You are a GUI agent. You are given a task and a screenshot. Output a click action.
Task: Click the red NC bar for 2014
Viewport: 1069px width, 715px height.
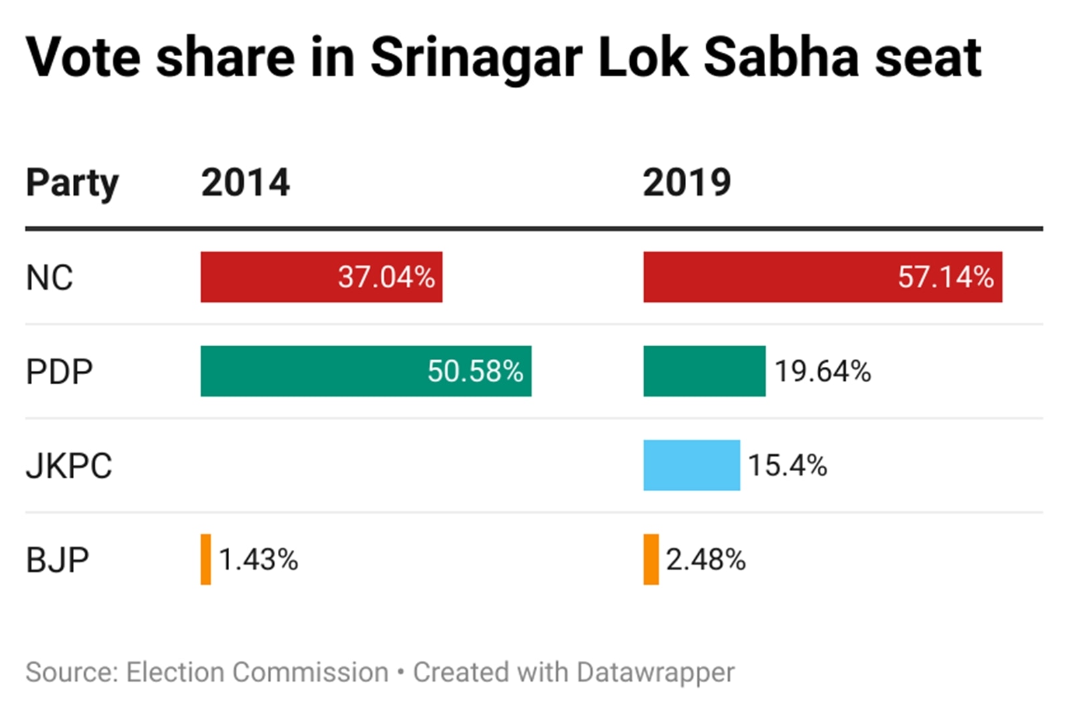pos(321,277)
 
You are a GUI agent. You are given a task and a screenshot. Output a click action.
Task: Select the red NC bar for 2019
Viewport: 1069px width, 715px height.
pos(822,277)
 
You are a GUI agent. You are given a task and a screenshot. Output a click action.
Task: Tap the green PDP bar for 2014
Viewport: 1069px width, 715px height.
pos(365,371)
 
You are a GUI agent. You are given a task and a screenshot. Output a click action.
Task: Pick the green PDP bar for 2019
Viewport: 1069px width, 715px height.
pos(704,371)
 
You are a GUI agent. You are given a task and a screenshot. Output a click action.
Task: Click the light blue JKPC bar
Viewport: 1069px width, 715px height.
pos(692,465)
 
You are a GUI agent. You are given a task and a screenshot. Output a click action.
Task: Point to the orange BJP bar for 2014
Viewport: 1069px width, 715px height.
pos(206,559)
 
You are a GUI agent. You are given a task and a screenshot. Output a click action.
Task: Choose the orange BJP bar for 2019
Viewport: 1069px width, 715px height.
pos(651,559)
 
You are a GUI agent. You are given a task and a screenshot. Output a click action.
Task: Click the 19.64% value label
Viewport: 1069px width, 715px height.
pos(822,372)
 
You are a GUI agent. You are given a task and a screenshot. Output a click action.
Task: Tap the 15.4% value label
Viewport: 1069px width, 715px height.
pos(787,466)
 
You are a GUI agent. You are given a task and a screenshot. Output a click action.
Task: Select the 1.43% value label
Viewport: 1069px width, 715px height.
pos(258,560)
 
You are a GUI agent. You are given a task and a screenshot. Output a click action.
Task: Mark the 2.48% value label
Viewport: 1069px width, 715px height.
pos(706,560)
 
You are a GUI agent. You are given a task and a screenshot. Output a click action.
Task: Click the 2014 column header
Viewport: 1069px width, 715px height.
pos(245,182)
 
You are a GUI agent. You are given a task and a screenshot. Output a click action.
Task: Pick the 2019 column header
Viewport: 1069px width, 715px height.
pos(687,182)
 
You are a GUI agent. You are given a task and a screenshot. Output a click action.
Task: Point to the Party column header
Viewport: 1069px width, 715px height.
pos(72,183)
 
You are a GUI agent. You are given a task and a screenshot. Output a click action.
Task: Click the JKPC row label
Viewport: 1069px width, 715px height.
pos(69,466)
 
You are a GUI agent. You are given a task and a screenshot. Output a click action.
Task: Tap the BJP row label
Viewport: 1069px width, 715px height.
pos(57,560)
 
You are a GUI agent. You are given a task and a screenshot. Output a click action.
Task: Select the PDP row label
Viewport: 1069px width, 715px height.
pos(59,372)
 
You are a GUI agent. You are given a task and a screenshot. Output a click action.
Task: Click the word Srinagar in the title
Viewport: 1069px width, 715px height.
pos(476,59)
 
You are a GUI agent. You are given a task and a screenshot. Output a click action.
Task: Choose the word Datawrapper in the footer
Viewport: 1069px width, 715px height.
pos(655,672)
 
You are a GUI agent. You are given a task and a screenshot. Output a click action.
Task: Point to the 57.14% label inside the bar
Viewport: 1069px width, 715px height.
pos(945,277)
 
